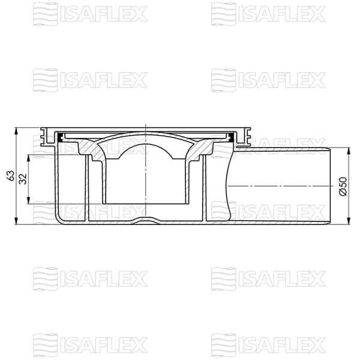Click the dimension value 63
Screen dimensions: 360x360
[10, 175]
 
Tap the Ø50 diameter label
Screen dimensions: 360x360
[343, 186]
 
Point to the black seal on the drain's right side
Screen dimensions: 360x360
[230, 138]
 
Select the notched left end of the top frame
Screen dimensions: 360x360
[44, 137]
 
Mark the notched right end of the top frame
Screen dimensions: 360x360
[246, 137]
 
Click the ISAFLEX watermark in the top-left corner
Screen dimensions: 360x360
[89, 13]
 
